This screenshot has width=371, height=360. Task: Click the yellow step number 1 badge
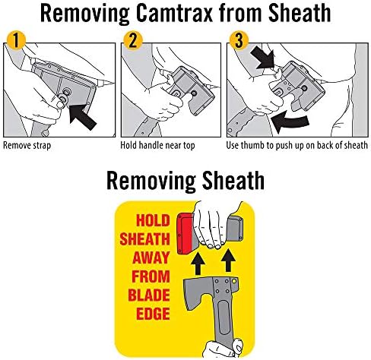point(16,40)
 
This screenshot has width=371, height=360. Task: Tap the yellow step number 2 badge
point(133,40)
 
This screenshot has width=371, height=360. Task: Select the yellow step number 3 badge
point(239,40)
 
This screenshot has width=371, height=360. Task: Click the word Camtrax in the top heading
point(175,14)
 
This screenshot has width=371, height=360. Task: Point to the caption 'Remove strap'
point(27,146)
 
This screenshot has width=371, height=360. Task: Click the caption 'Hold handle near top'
point(157,146)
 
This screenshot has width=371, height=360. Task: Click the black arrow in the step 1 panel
point(82,118)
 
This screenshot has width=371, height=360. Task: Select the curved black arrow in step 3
point(290,122)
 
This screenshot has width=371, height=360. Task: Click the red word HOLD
point(153,220)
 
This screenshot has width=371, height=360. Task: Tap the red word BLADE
point(149,295)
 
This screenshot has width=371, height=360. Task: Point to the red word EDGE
point(153,314)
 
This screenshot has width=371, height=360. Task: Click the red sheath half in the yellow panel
point(185,234)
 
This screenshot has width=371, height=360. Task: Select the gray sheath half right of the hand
point(234,229)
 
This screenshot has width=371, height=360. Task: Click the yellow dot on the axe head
point(234,281)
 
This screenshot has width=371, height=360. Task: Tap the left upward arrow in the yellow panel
point(198,264)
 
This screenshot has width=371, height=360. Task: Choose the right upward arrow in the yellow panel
point(228,261)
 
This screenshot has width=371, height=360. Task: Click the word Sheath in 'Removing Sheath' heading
point(233,180)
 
